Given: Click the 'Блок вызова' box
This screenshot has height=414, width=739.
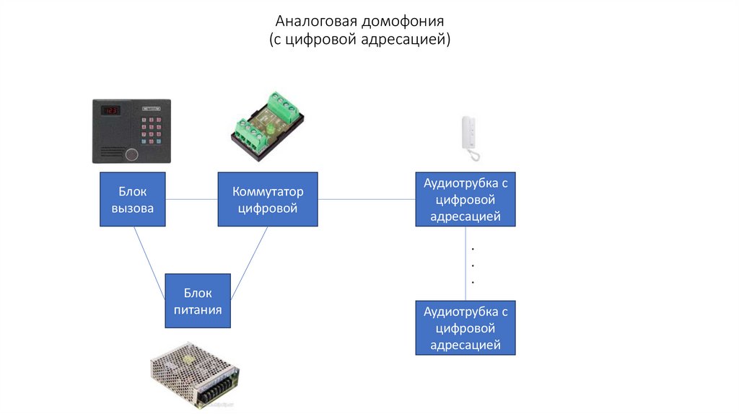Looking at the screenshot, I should coord(132,200).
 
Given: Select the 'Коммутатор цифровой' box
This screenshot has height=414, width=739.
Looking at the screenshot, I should coord(268,200).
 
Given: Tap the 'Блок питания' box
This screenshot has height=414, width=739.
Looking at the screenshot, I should coord(198,301).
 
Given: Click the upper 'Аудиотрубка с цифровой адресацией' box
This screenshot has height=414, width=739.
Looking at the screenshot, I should coord(465,200).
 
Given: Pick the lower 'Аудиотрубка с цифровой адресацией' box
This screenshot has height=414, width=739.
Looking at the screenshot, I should coord(465,328).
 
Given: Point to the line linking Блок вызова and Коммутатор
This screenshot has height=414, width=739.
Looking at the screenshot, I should coord(191,200).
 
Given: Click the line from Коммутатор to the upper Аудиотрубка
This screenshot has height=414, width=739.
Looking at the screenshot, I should coord(367,200).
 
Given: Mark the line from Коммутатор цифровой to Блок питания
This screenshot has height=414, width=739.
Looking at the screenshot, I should coord(249,263).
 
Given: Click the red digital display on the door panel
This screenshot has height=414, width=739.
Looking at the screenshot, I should coord(110,111).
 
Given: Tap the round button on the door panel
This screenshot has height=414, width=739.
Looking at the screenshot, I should coord(131,154).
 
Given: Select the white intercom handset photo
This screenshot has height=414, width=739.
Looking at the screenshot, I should coord(469,138).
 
